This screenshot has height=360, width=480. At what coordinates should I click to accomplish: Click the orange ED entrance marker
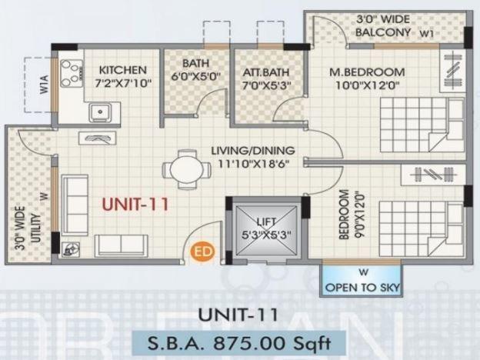tap(202, 251)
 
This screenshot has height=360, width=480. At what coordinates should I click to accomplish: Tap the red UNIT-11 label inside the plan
tap(135, 205)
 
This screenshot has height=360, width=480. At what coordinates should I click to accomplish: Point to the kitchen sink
tap(100, 113)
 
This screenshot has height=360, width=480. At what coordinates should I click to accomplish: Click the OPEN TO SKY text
tap(362, 287)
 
